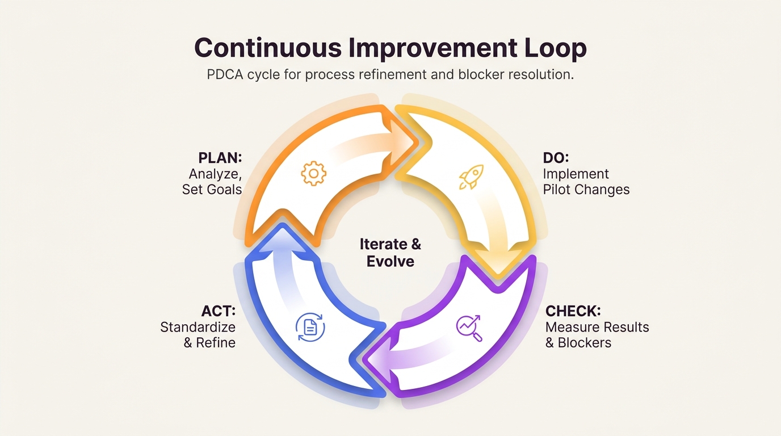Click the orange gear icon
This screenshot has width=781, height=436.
tap(313, 173)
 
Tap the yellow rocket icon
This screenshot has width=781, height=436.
tap(472, 177)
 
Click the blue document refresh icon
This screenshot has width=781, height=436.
tap(310, 327)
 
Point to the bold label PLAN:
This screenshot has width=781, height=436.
tap(220, 158)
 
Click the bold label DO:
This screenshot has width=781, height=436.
tap(556, 158)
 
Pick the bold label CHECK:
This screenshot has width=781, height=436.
tap(573, 311)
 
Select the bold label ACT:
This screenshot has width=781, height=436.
tap(219, 311)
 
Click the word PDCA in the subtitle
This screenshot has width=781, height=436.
tap(225, 74)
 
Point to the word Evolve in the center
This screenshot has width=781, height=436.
tap(390, 261)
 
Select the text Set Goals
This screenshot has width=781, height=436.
tap(212, 190)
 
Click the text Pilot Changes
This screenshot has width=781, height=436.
tap(586, 190)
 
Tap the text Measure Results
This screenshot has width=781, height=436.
tap(597, 327)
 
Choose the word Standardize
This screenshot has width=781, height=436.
tap(198, 327)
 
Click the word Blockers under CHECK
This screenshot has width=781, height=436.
tap(585, 342)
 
